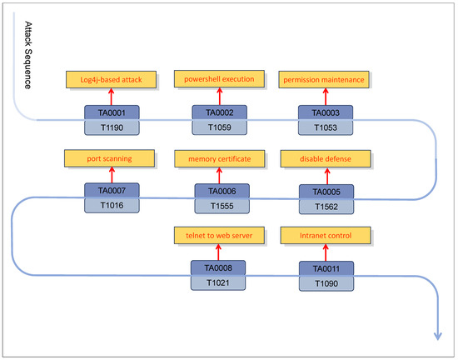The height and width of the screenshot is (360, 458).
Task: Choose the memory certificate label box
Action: [219, 157]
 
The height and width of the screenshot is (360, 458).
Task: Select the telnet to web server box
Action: [219, 236]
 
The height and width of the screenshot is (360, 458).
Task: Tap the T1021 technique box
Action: [219, 284]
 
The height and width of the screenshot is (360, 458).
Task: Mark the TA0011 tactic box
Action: [326, 268]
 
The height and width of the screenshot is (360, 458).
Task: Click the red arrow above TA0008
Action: [219, 253]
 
